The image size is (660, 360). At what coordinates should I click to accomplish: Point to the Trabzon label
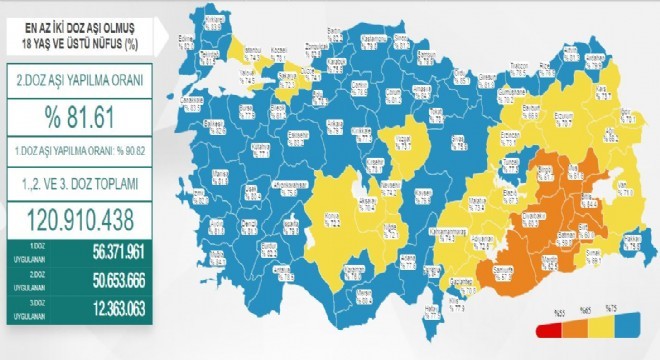(x=518, y=65)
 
